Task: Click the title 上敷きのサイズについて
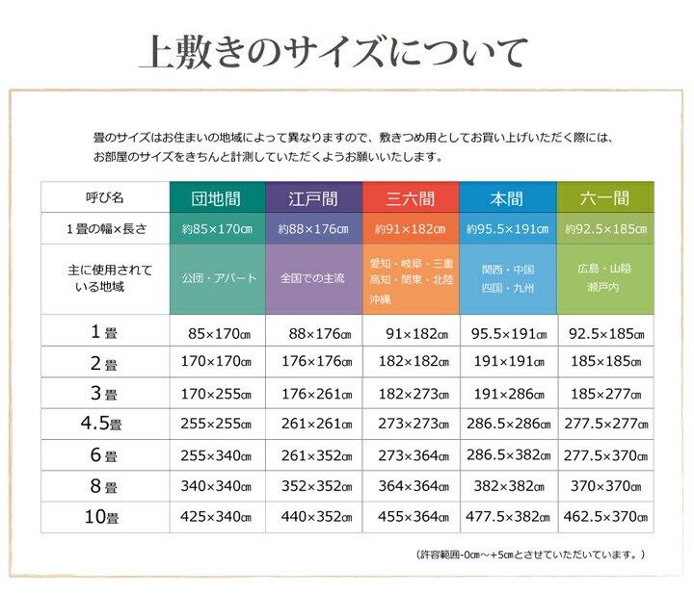coord(334,52)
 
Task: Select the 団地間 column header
coord(216,199)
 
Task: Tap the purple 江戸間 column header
coord(313,199)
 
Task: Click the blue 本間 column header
coord(507,199)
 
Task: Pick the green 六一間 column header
coord(604,199)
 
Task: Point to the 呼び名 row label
coord(104,198)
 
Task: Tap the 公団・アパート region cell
coord(218,278)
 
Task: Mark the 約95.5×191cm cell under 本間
coord(507,230)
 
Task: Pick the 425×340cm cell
coord(216,517)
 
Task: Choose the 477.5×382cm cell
coord(508,517)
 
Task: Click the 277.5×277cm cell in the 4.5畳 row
coord(604,424)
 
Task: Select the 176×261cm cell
coord(313,393)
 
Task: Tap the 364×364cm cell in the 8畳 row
coord(411,486)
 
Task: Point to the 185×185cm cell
coord(604,362)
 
